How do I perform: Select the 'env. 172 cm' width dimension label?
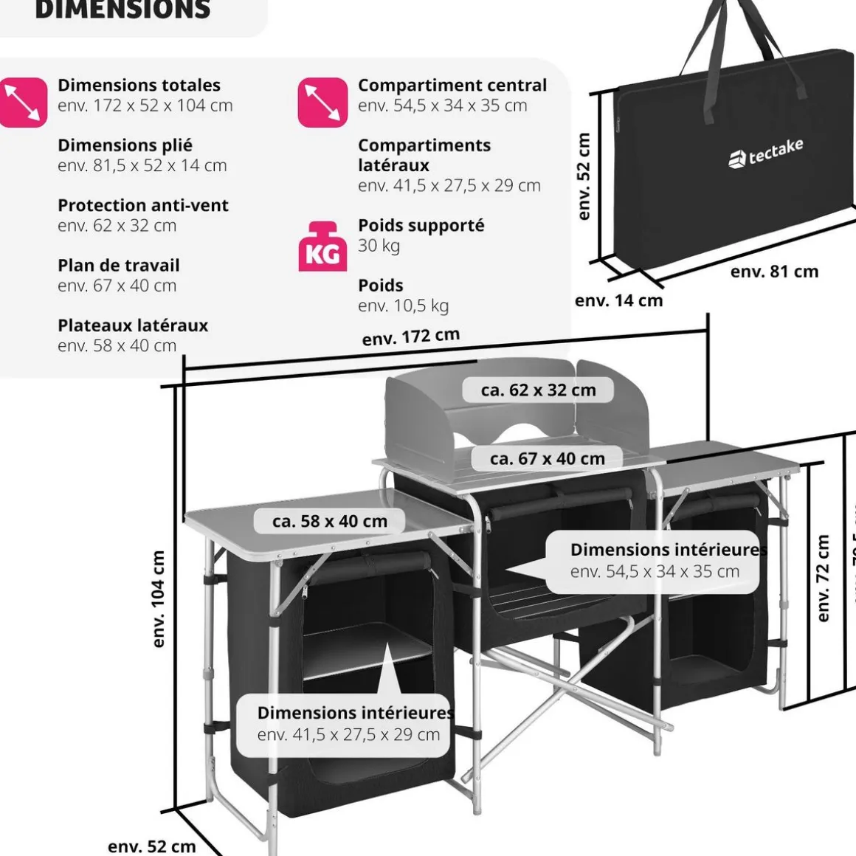tap(411, 336)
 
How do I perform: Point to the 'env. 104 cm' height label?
tap(158, 599)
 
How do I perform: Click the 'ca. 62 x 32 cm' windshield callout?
tap(538, 390)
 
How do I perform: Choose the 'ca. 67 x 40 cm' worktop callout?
tap(547, 458)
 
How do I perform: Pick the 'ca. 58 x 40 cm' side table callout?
tap(329, 521)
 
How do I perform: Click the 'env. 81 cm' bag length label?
tap(774, 272)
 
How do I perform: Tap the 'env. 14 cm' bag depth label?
tap(618, 300)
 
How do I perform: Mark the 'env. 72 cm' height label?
tap(824, 579)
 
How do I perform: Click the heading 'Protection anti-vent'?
tap(143, 205)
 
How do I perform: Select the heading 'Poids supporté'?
tap(421, 225)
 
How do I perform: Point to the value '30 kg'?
tap(379, 246)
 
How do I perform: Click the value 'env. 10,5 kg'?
tap(403, 306)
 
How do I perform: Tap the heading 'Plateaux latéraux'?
tap(133, 325)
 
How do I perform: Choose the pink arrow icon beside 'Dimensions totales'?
tap(23, 103)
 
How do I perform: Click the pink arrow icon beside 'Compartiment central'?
tap(322, 103)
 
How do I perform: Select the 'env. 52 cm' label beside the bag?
tap(584, 176)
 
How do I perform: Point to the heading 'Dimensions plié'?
tap(125, 145)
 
